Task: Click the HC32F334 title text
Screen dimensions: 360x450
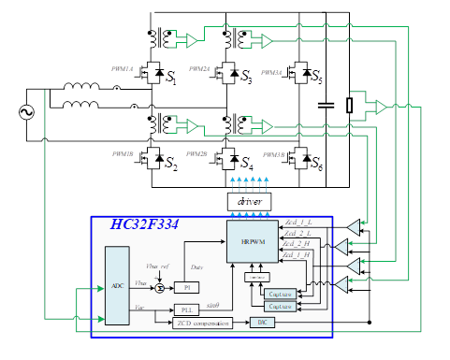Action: (x=144, y=224)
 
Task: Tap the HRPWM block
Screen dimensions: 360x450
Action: (x=253, y=242)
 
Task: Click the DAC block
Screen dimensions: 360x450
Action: (x=262, y=323)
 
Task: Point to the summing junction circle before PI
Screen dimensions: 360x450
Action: (x=160, y=287)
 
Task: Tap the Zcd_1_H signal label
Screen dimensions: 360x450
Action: (x=298, y=254)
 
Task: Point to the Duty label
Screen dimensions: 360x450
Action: (x=196, y=267)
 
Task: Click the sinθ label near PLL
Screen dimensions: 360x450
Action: (x=212, y=304)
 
